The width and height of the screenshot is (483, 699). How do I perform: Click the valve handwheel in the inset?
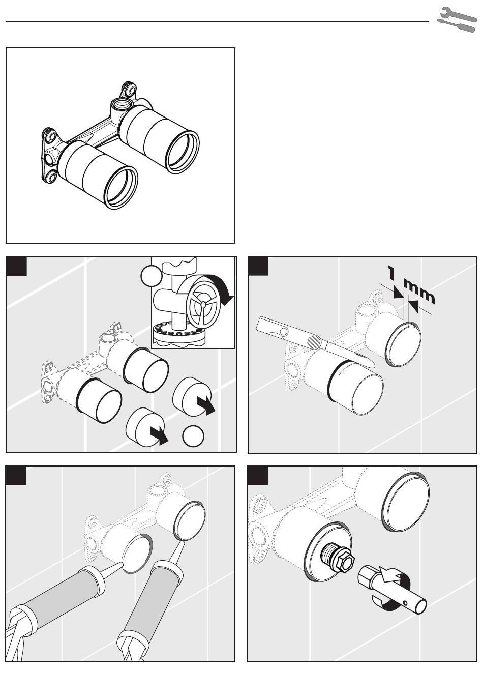[x=202, y=304]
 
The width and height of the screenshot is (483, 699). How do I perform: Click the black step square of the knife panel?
[x=258, y=267]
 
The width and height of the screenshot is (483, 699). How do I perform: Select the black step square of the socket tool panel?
[x=258, y=475]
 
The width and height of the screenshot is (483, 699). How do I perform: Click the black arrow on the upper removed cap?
[x=206, y=405]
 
